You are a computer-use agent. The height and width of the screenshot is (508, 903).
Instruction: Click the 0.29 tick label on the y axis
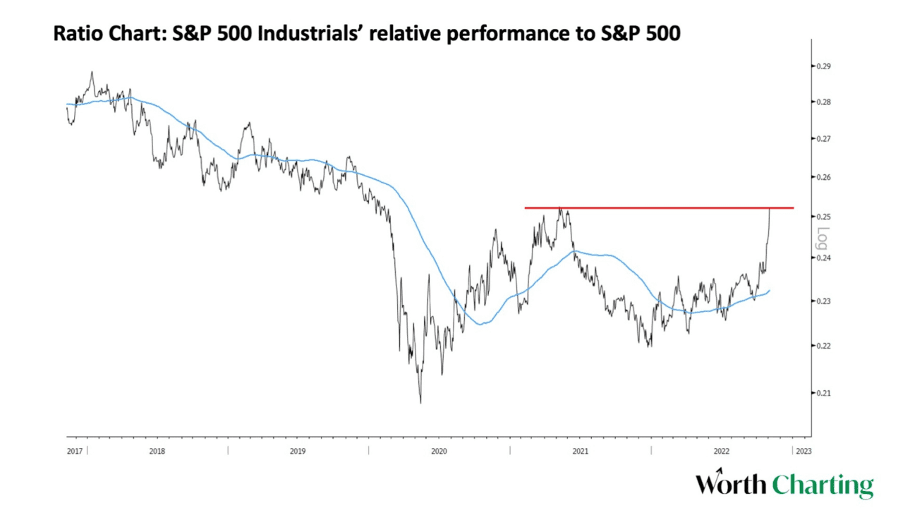click(823, 66)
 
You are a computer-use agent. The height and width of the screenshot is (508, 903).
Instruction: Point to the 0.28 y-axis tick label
click(823, 102)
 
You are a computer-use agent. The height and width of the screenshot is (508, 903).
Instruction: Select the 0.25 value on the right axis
click(823, 217)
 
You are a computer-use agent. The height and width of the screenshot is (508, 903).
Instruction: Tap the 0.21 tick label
click(823, 393)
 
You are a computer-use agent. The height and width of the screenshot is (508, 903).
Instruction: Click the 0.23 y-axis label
click(823, 301)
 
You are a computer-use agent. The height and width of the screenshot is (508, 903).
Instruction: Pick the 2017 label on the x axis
click(74, 450)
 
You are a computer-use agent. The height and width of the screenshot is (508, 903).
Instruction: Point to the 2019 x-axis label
click(298, 450)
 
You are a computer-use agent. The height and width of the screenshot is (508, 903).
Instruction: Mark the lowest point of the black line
click(420, 403)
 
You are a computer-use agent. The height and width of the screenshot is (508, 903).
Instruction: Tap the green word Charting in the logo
click(823, 485)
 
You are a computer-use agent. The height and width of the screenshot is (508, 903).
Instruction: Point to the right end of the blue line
click(769, 290)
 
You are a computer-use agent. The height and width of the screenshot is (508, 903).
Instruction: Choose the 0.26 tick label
click(823, 177)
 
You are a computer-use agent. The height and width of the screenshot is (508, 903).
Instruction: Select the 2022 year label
click(721, 450)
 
